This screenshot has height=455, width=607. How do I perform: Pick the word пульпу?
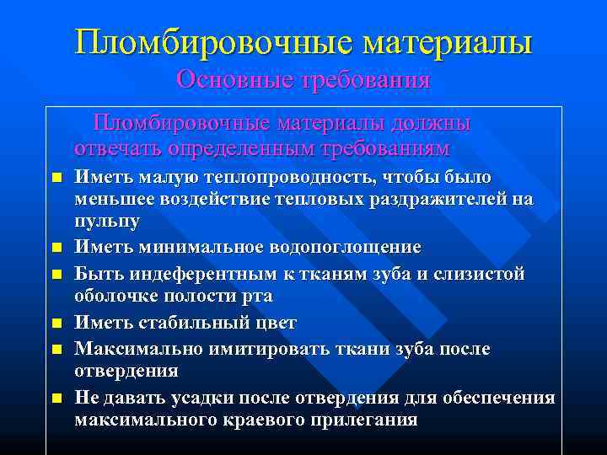(x=107, y=221)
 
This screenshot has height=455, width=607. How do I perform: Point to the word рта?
(x=255, y=297)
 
